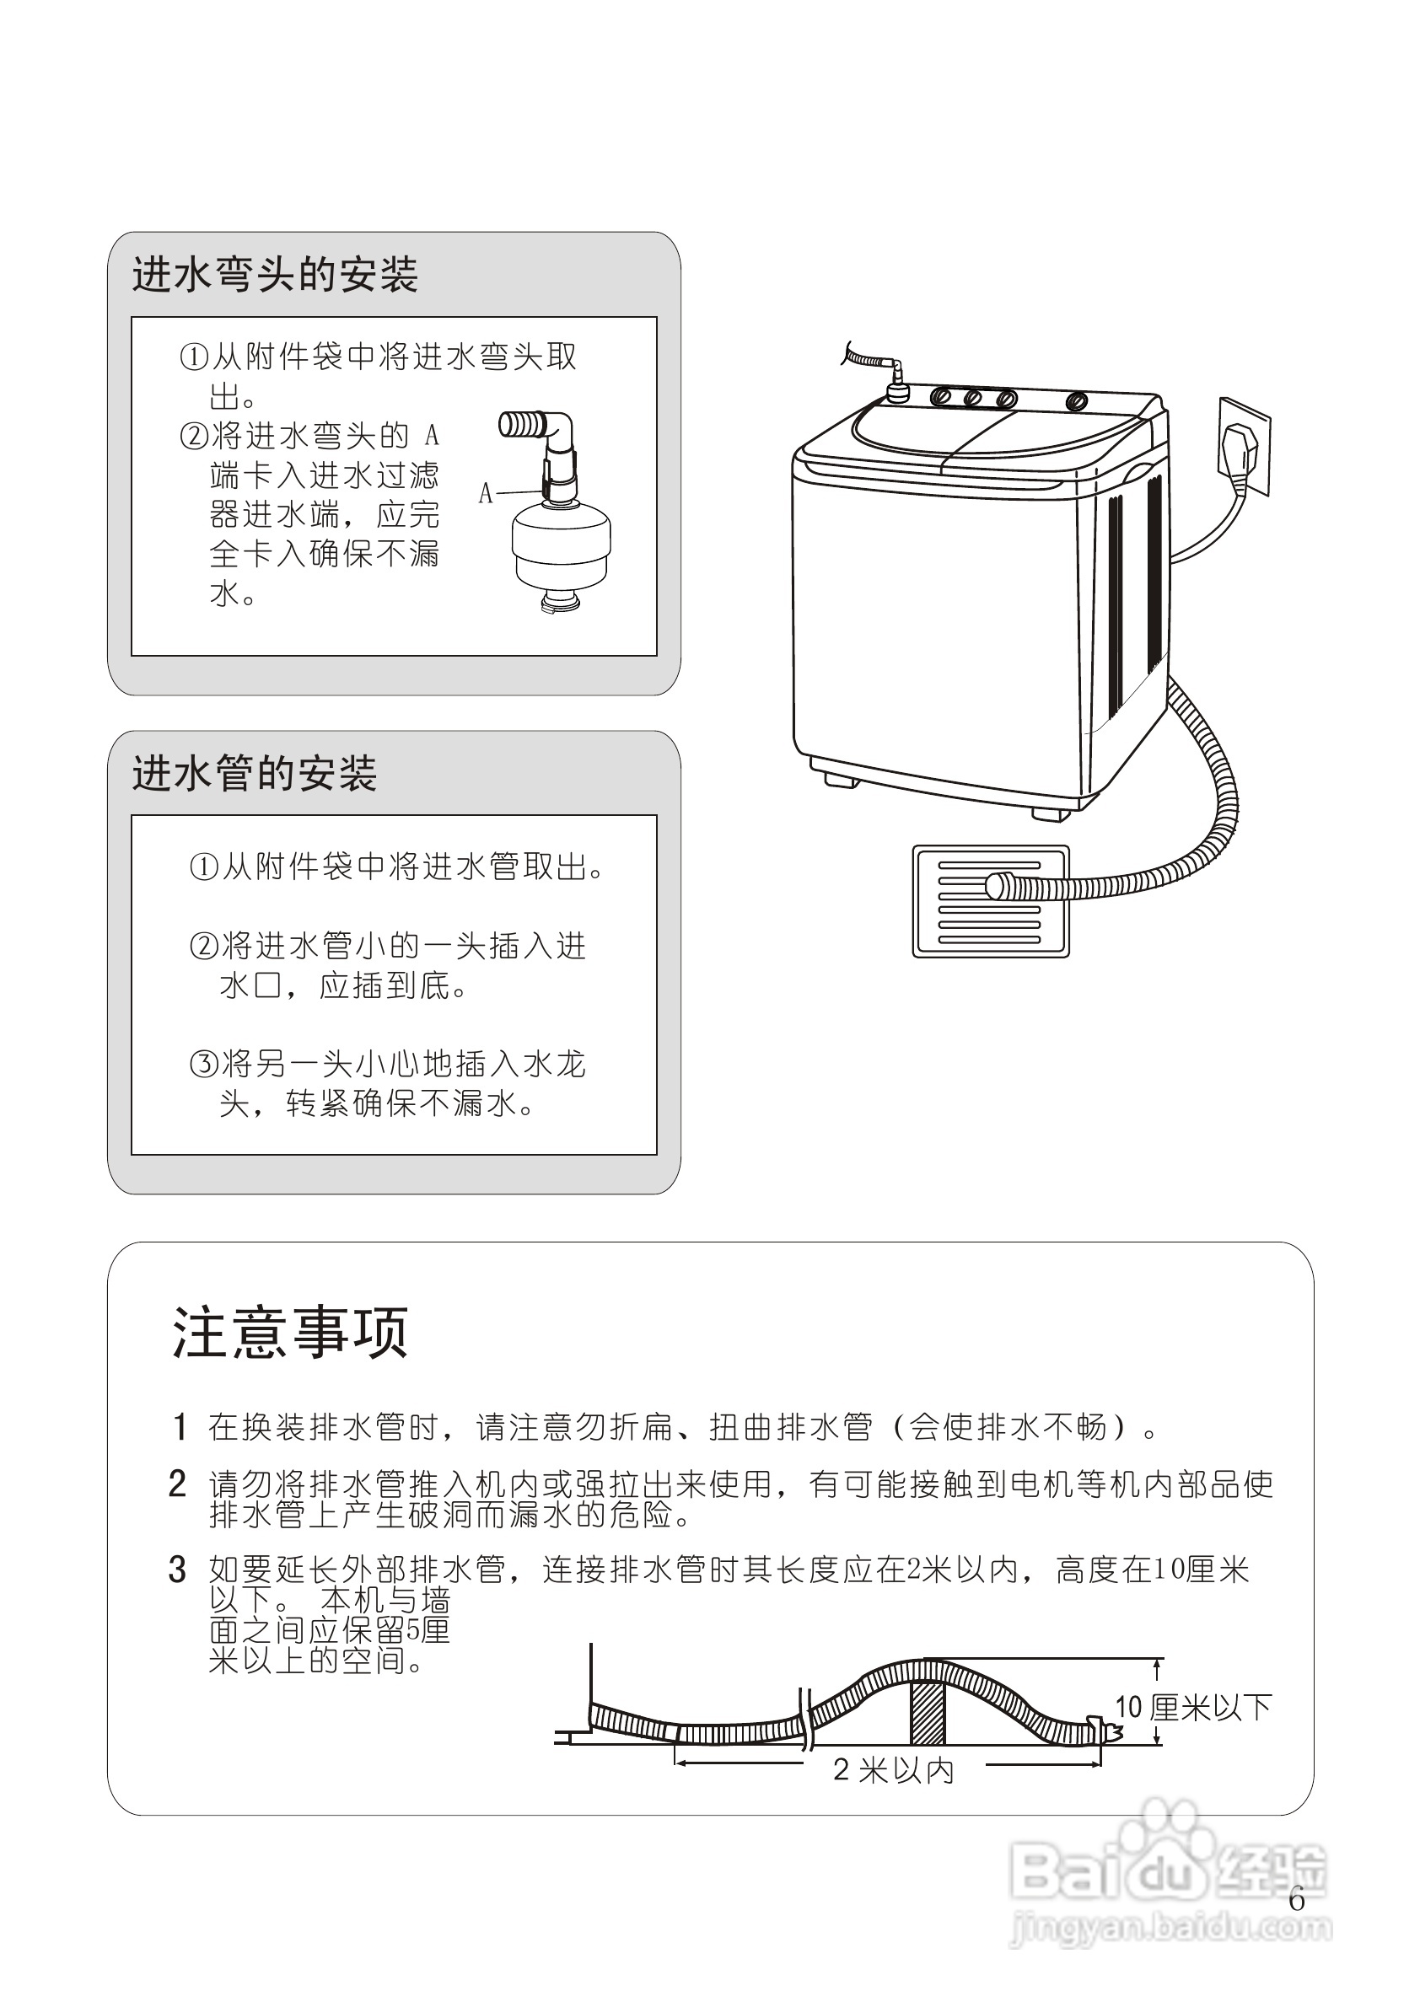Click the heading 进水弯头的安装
pyautogui.click(x=275, y=275)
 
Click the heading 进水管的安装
pyautogui.click(x=255, y=774)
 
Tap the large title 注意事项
pyautogui.click(x=290, y=1332)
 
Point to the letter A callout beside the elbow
pyautogui.click(x=487, y=493)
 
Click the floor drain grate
pyautogui.click(x=990, y=901)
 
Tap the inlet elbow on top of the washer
pyautogui.click(x=895, y=378)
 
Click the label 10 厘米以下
pyautogui.click(x=1192, y=1707)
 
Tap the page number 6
pyautogui.click(x=1297, y=1899)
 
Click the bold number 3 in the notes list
pyautogui.click(x=177, y=1570)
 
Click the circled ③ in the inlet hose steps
pyautogui.click(x=203, y=1065)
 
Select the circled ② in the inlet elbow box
pyautogui.click(x=193, y=435)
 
